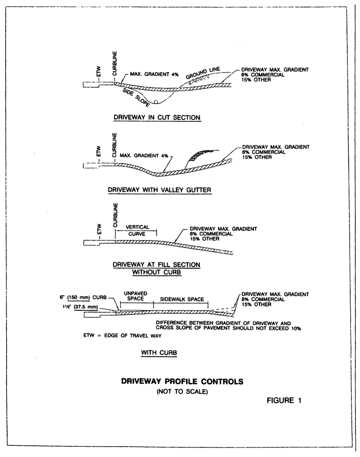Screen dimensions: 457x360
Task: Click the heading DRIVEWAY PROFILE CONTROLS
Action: [x=182, y=381]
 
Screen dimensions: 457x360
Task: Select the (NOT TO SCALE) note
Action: [x=182, y=391]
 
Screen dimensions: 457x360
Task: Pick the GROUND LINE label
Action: [x=202, y=73]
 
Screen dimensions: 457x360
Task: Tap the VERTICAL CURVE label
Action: [x=137, y=230]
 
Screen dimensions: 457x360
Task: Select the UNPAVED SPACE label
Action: [x=136, y=296]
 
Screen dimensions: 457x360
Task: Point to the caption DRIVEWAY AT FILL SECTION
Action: [x=156, y=265]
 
